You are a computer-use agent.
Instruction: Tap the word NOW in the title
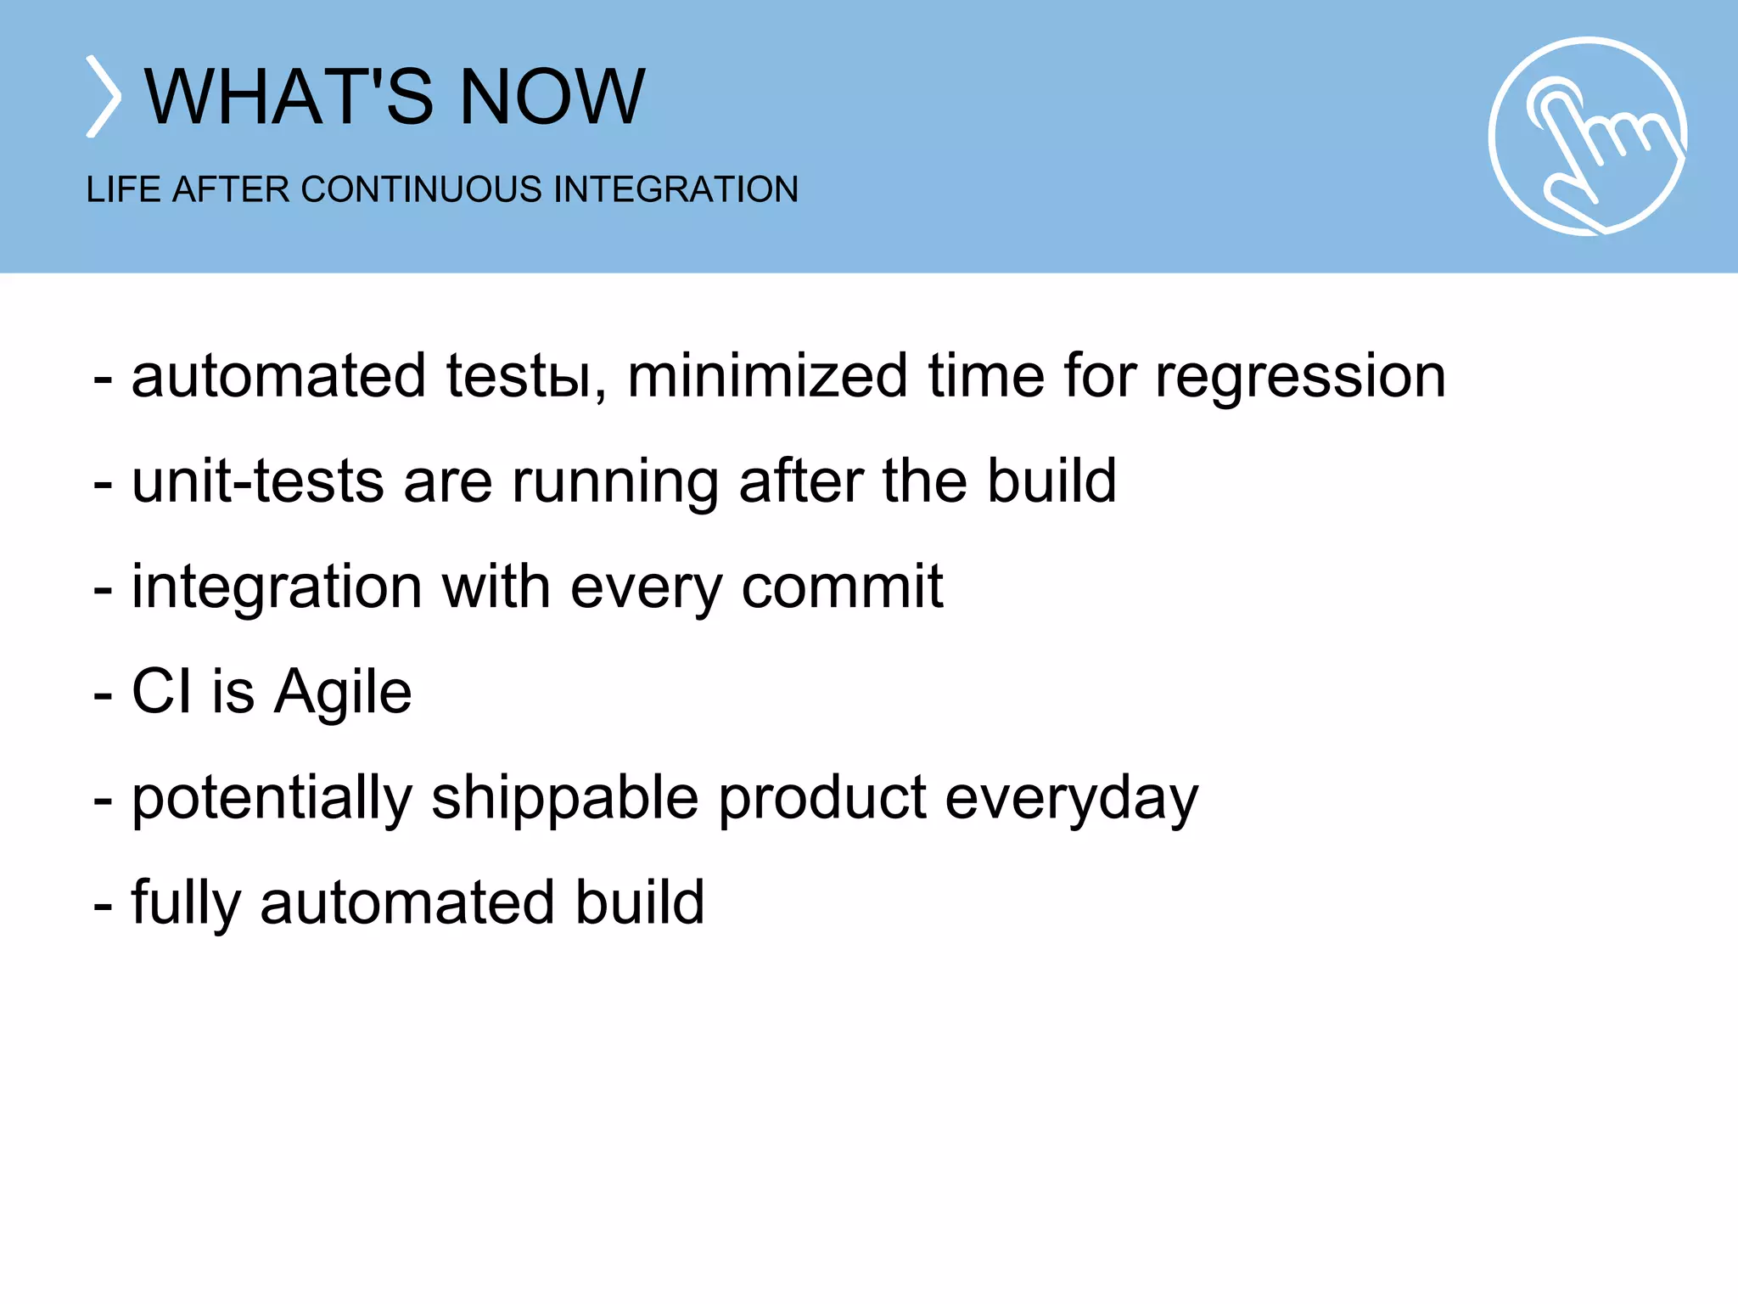[552, 97]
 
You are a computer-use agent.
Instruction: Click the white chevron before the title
[104, 97]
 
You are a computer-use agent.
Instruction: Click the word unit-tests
[257, 481]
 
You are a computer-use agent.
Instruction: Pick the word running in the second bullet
[614, 481]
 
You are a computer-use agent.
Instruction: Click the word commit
[842, 587]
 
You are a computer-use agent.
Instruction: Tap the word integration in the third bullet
[277, 587]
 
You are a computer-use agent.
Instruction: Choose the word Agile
[344, 692]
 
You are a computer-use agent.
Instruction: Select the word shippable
[564, 797]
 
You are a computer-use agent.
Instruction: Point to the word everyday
[1071, 799]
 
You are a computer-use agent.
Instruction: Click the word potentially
[272, 797]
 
